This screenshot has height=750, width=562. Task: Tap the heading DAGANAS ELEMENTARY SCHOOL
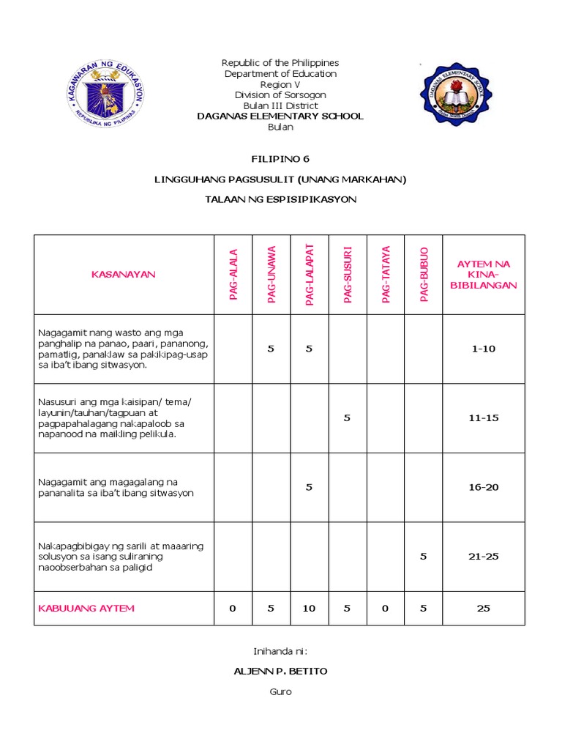pos(280,116)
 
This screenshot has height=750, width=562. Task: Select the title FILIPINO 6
pos(280,158)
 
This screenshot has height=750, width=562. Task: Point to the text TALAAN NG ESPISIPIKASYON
pos(280,200)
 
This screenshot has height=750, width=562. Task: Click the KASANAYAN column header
pos(124,275)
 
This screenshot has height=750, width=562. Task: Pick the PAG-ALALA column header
pos(233,275)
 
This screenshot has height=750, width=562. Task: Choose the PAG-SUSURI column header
pos(348,275)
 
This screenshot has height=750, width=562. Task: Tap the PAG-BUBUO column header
pos(424,275)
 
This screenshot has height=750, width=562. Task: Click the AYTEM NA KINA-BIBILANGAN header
pos(483,275)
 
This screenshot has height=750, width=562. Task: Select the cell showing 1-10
pos(483,349)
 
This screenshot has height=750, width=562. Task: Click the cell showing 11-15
pos(483,418)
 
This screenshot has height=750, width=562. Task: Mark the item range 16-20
pos(483,487)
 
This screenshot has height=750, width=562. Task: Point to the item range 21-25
pos(483,557)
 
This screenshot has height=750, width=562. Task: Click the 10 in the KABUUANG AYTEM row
pos(309,609)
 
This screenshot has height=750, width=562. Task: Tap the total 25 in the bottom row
pos(483,609)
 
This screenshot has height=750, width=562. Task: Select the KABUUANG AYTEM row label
pos(86,609)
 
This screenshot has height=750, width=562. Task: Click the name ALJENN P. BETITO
pos(280,671)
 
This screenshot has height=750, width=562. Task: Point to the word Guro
pos(280,692)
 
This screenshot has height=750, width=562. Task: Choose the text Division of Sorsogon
pos(280,95)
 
